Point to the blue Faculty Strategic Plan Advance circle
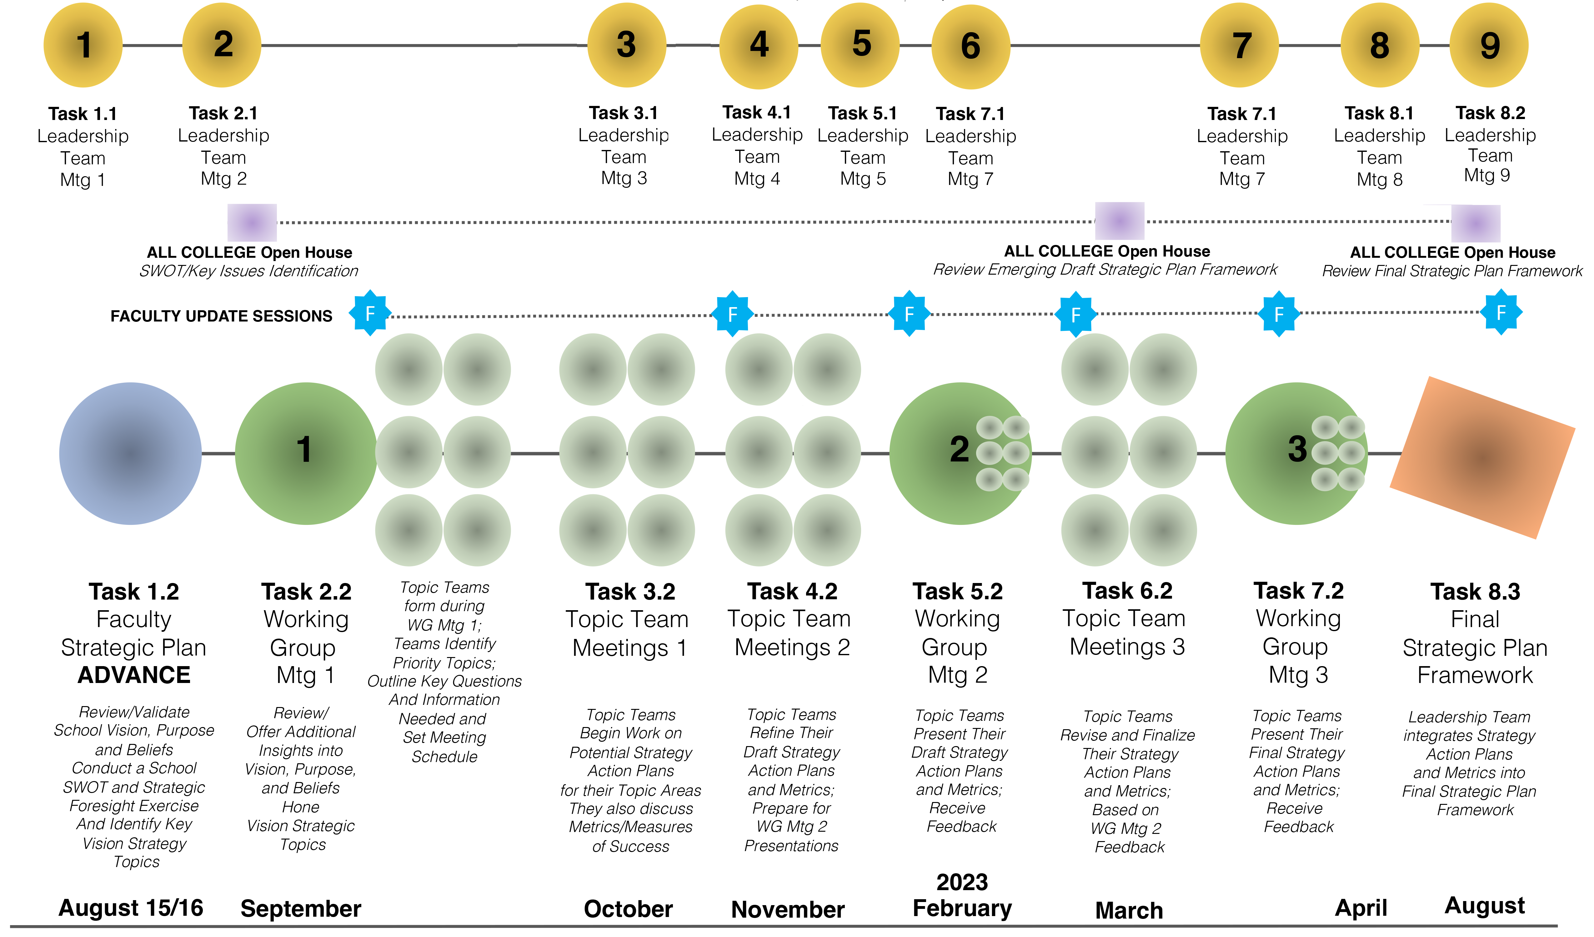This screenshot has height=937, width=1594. (130, 453)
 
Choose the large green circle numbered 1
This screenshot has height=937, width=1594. (306, 453)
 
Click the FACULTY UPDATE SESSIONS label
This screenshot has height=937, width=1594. (221, 316)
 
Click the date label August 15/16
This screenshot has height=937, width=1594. (131, 908)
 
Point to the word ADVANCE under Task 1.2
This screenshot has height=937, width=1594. (134, 675)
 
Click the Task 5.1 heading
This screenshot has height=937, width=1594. (863, 113)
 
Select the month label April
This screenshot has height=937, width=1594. (1361, 908)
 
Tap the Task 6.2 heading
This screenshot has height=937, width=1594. (1127, 591)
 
